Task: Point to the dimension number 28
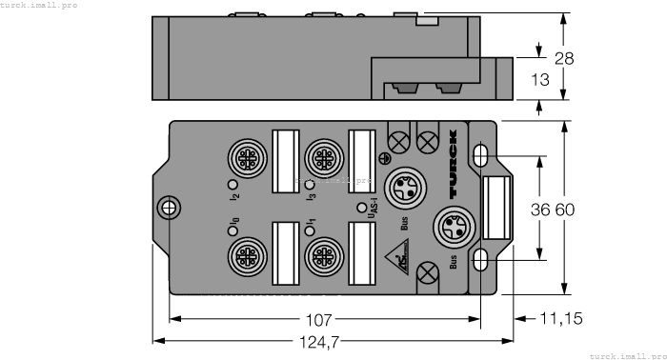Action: pyautogui.click(x=564, y=58)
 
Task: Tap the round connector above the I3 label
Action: pyautogui.click(x=319, y=155)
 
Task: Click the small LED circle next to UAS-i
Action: pyautogui.click(x=360, y=207)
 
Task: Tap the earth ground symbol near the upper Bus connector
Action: pyautogui.click(x=385, y=158)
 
